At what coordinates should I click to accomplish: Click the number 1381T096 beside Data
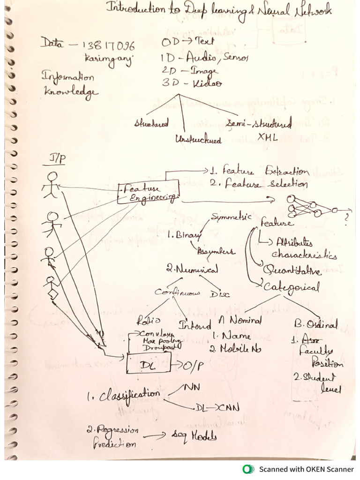(109, 46)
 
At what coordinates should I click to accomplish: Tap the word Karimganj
(102, 59)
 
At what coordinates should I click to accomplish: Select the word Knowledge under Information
(71, 91)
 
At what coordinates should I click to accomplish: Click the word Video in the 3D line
(206, 83)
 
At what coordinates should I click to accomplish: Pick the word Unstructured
(198, 139)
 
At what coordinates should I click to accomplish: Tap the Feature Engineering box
(148, 192)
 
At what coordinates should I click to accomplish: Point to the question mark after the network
(346, 217)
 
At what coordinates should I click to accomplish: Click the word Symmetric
(231, 217)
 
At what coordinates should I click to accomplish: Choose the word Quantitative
(292, 270)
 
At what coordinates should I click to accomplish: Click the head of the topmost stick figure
(52, 176)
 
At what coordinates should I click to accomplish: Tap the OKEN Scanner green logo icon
(248, 469)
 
